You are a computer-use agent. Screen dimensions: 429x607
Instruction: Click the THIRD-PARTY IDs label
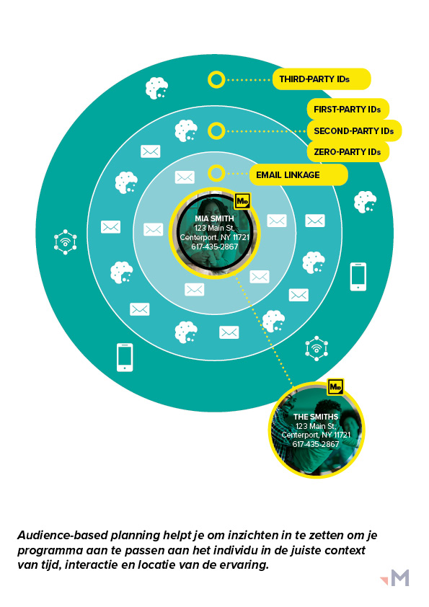[x=322, y=79]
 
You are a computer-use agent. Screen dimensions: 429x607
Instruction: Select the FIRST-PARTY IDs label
[x=348, y=110]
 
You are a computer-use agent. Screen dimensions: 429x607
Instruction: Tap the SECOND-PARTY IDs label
[x=354, y=131]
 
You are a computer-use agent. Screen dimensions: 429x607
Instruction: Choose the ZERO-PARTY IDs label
[x=348, y=152]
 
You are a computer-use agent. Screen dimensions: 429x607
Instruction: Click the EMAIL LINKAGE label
[x=298, y=175]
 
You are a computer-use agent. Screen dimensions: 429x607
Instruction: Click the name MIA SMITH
[x=215, y=218]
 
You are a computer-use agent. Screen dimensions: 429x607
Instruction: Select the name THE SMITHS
[x=316, y=417]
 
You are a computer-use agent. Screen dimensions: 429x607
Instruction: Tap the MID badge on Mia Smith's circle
[x=243, y=201]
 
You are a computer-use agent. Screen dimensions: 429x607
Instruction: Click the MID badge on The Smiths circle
[x=335, y=386]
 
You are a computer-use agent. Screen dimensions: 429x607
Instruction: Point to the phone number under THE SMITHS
[x=316, y=444]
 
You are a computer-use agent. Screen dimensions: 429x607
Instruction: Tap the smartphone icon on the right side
[x=358, y=277]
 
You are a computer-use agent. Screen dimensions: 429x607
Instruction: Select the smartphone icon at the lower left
[x=125, y=358]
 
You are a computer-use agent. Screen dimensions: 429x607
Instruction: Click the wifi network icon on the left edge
[x=65, y=242]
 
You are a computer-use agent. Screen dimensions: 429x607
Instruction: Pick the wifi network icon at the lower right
[x=317, y=348]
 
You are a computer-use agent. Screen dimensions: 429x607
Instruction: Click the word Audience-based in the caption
[x=63, y=536]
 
